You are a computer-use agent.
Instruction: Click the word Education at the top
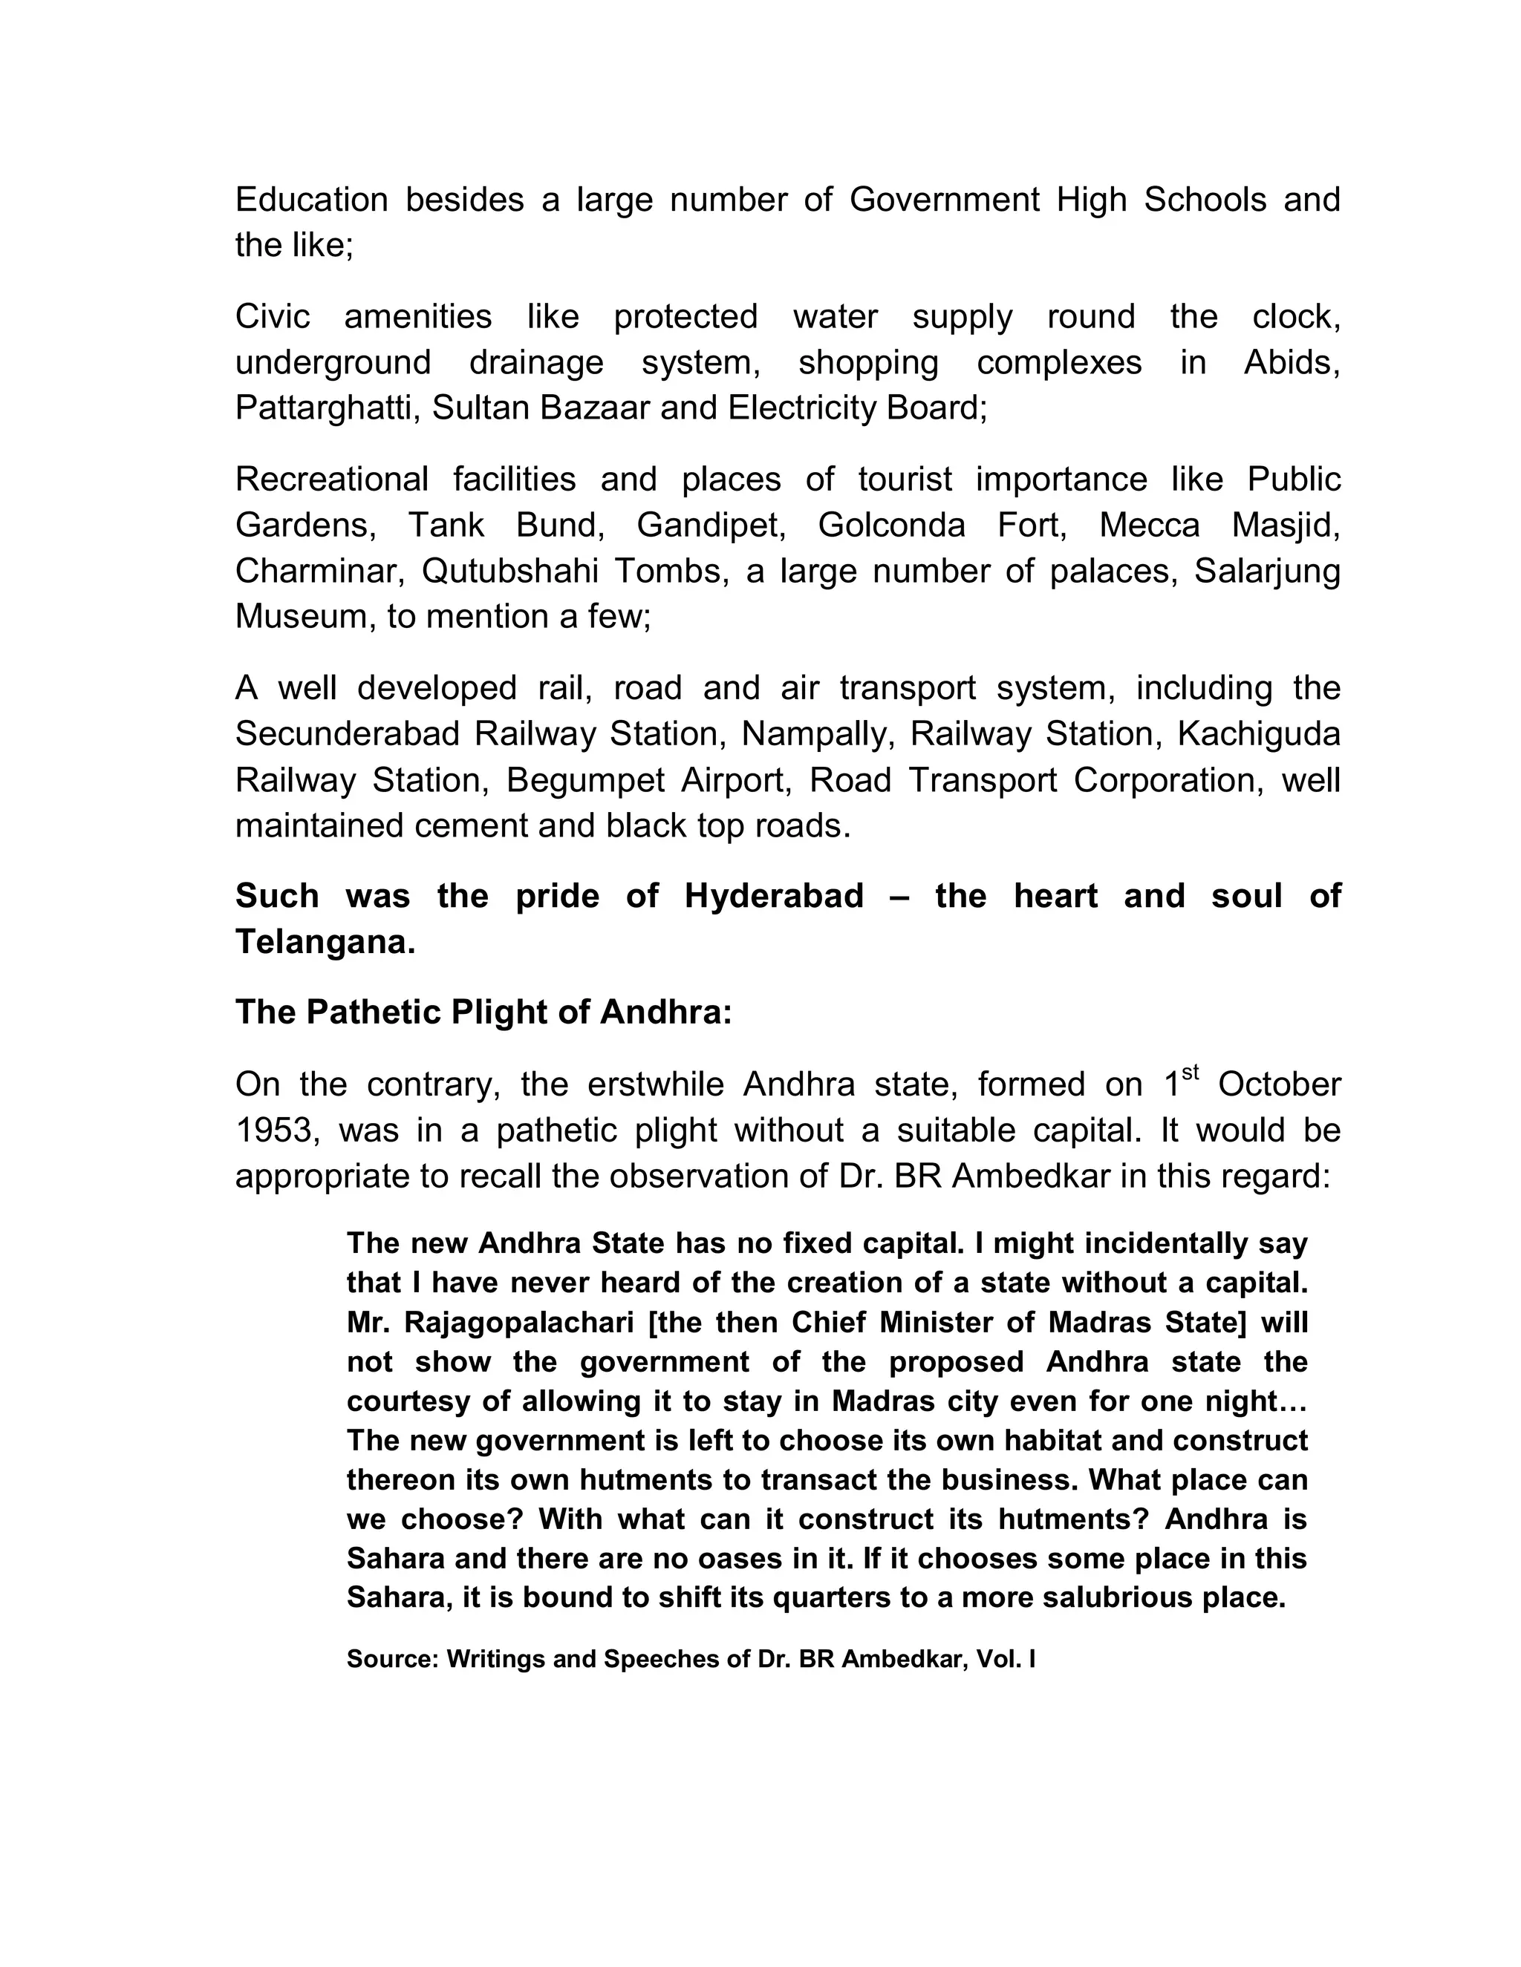point(311,200)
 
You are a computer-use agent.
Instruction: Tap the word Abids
point(1292,362)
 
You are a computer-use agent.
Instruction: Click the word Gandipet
point(711,524)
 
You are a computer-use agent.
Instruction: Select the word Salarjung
point(1267,570)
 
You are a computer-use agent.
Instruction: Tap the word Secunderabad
point(348,734)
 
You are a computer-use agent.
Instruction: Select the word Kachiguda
point(1259,734)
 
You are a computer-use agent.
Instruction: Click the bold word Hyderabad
point(774,896)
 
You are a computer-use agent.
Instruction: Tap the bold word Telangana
point(325,942)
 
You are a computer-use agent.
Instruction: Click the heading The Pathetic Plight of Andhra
point(484,1012)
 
